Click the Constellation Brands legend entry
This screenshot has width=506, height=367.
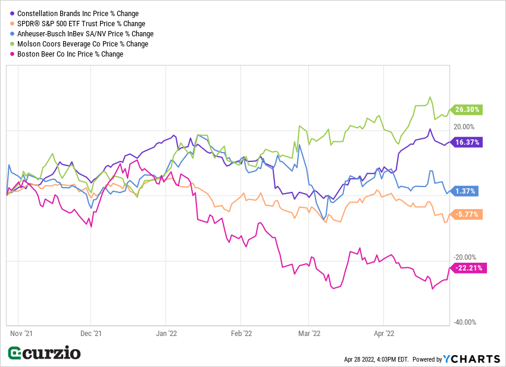(77, 13)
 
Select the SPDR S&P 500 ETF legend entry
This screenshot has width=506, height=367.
(81, 23)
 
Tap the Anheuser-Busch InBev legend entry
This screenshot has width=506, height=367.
(85, 33)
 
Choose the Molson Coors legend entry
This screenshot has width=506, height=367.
(82, 43)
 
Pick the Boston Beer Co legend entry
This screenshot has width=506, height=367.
(70, 54)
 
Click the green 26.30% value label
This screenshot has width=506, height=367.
(467, 110)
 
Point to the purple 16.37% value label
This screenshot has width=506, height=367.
(467, 142)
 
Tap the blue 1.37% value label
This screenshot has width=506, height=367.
(465, 191)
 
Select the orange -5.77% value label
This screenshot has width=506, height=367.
(467, 214)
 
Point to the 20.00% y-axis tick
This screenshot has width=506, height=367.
(464, 126)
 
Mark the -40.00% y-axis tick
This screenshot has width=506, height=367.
(464, 322)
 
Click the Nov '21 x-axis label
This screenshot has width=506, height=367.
(20, 334)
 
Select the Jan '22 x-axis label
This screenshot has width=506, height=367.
(166, 334)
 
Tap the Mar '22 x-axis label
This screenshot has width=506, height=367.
(309, 334)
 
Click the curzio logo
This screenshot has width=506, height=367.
(44, 353)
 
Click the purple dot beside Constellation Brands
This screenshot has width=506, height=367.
(12, 13)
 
